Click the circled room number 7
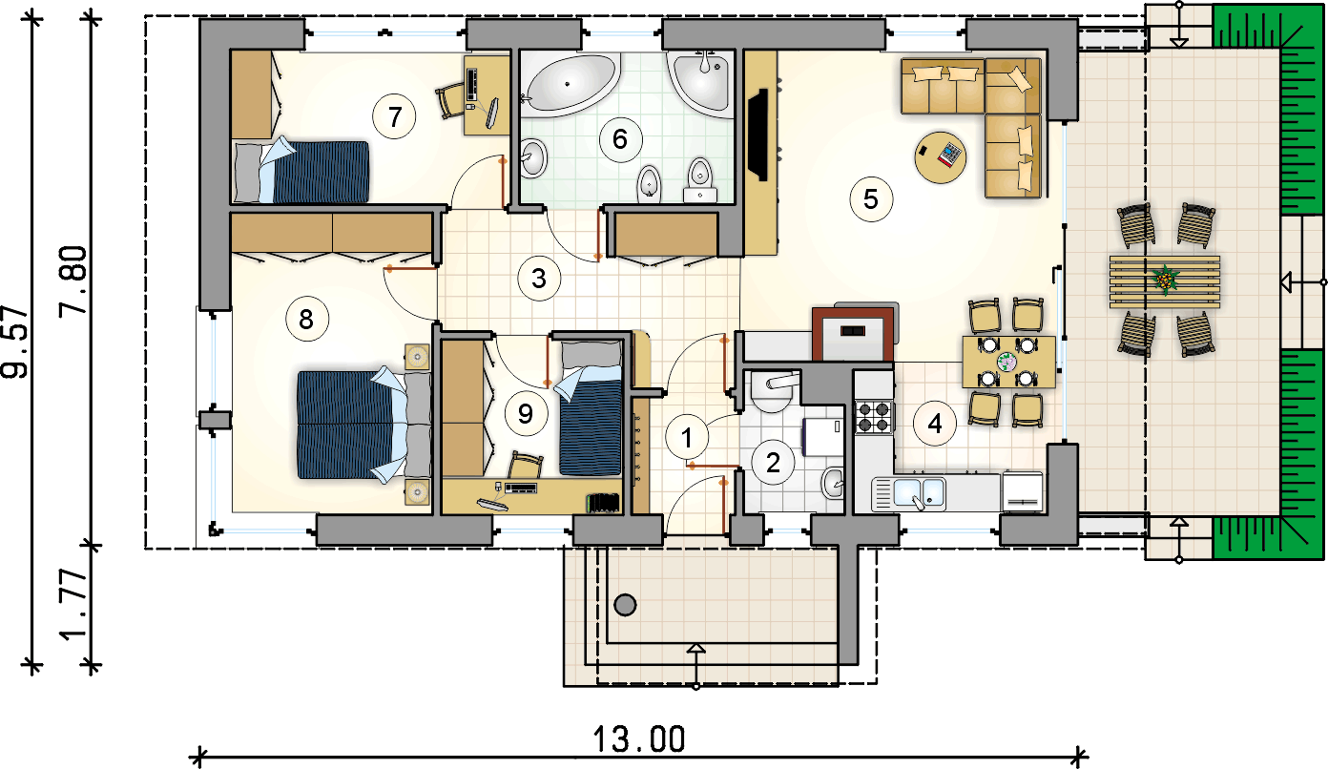pyautogui.click(x=394, y=116)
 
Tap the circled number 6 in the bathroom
pyautogui.click(x=620, y=140)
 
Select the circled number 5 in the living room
pyautogui.click(x=871, y=199)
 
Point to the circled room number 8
pyautogui.click(x=306, y=319)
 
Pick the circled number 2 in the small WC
pyautogui.click(x=773, y=463)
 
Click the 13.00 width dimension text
pyautogui.click(x=639, y=739)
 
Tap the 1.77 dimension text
pyautogui.click(x=74, y=605)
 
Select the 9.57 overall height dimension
pyautogui.click(x=15, y=343)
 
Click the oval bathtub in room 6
pyautogui.click(x=571, y=84)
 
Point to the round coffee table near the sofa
pyautogui.click(x=941, y=157)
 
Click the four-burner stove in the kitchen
pyautogui.click(x=874, y=417)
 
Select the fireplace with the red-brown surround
pyautogui.click(x=853, y=334)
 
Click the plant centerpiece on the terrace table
pyautogui.click(x=1165, y=281)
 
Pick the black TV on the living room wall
pyautogui.click(x=758, y=135)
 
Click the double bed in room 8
pyautogui.click(x=363, y=425)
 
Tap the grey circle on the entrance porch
pyautogui.click(x=625, y=605)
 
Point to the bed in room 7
pyautogui.click(x=301, y=171)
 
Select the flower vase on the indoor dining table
pyautogui.click(x=1006, y=362)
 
